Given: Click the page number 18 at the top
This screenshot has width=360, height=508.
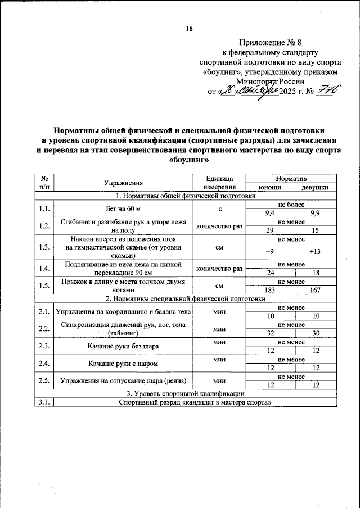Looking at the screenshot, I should (x=189, y=29).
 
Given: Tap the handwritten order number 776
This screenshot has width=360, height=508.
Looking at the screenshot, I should (x=328, y=90).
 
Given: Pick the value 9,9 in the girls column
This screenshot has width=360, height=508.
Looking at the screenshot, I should (x=315, y=214).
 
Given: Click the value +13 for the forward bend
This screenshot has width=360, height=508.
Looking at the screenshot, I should (x=315, y=251).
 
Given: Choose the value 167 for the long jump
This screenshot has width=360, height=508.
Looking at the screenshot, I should (x=315, y=289).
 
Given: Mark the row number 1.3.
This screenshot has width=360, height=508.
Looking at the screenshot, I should (x=44, y=247).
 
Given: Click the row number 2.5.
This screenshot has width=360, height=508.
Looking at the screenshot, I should (x=44, y=380).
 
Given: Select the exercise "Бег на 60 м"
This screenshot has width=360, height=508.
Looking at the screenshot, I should (x=123, y=209).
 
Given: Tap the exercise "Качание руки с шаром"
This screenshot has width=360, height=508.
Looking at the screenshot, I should (x=123, y=363).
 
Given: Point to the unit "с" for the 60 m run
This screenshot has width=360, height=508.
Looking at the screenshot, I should (x=219, y=209).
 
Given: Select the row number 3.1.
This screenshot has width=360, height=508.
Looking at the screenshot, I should (x=44, y=402).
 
